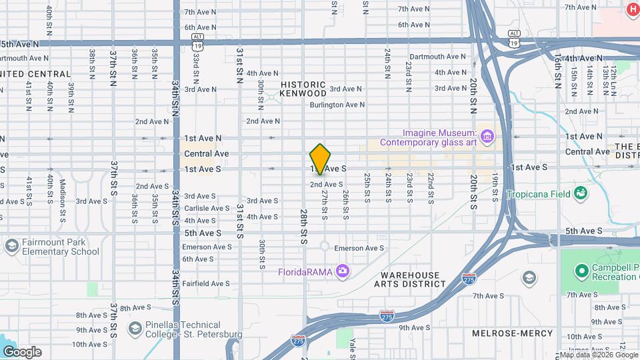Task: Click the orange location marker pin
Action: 320,159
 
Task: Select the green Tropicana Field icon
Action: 581,193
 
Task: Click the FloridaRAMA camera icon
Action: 343,271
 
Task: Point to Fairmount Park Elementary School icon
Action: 11,246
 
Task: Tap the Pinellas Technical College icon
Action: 133,328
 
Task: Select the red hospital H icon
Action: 631,8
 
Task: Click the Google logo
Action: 22,351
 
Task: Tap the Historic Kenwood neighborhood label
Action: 303,89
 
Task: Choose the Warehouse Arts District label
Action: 411,279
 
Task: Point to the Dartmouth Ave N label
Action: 438,57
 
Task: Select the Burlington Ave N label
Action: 337,105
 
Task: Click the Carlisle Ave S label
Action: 208,208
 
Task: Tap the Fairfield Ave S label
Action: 206,283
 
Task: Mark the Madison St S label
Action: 63,193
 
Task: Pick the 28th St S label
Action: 303,227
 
